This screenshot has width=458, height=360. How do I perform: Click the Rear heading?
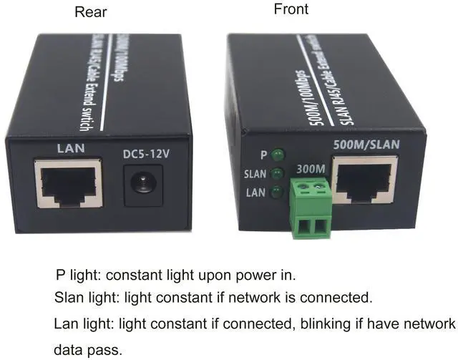(x=92, y=12)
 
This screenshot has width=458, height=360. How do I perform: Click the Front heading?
(x=291, y=9)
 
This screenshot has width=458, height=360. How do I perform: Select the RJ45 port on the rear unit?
(x=68, y=183)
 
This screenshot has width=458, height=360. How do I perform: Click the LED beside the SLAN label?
(x=276, y=173)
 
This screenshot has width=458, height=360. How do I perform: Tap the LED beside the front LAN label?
(x=276, y=192)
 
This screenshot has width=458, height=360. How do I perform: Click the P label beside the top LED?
(x=264, y=154)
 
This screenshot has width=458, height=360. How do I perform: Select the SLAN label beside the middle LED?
(x=255, y=174)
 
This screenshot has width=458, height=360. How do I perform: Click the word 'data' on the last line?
(x=69, y=351)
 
